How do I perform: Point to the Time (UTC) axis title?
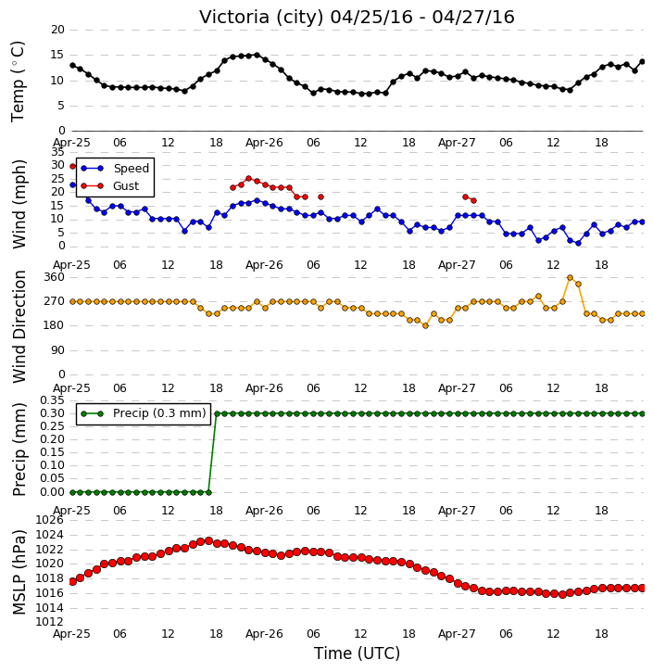tap(357, 653)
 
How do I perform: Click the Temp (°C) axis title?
tap(18, 82)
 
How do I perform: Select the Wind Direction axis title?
tap(19, 326)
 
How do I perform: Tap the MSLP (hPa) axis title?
tap(19, 572)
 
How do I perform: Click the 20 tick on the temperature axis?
tap(57, 30)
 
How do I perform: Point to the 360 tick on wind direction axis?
tap(55, 277)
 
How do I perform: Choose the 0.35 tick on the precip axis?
tap(52, 400)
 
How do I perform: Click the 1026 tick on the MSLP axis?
tap(50, 520)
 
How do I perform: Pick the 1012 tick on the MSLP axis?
tap(50, 622)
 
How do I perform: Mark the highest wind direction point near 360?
tap(570, 278)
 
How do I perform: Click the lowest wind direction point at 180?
tap(426, 325)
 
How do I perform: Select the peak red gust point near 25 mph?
tap(249, 178)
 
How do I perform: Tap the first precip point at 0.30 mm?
tap(217, 413)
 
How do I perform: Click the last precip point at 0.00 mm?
tap(208, 492)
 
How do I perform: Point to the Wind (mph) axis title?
tap(19, 204)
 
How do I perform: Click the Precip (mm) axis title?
tap(19, 450)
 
